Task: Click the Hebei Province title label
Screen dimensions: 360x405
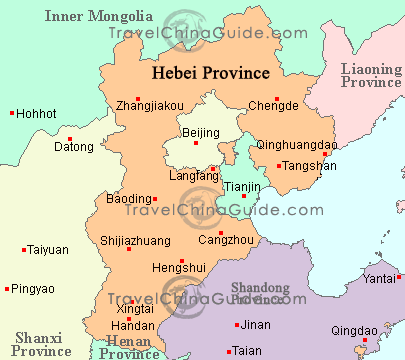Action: pos(210,73)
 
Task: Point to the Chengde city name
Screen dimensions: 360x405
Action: pos(273,104)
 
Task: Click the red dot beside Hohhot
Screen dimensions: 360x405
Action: pos(11,113)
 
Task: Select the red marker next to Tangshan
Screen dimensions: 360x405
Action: pos(280,165)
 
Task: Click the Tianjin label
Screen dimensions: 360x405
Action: pos(241,187)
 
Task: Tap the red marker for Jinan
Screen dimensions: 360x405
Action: pos(236,325)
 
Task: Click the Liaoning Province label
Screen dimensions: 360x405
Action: pos(370,75)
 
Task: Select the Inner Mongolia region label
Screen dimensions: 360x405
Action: pos(97,17)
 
